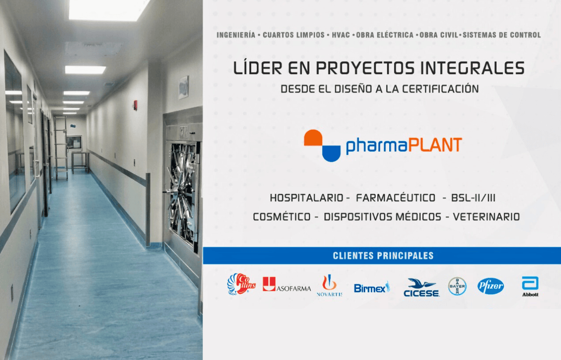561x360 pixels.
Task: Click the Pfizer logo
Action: point(490,286)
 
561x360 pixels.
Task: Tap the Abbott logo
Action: point(530,287)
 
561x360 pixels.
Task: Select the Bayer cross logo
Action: point(457,286)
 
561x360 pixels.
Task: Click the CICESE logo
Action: point(422,288)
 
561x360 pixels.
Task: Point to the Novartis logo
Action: point(329,285)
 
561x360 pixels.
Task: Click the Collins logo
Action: point(241,284)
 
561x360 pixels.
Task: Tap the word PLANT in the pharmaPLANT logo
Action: point(435,145)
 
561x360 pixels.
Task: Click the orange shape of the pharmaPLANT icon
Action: point(313,138)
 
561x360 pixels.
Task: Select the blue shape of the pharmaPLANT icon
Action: point(331,153)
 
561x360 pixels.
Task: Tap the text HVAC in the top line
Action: point(341,35)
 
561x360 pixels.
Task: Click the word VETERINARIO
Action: point(486,217)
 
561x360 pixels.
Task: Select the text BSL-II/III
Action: point(473,198)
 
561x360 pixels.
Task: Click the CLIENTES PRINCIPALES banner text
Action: point(383,256)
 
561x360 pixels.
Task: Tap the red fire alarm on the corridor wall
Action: point(135,105)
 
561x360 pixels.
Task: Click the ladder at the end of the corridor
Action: point(61,148)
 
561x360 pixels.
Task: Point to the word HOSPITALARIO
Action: point(306,198)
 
